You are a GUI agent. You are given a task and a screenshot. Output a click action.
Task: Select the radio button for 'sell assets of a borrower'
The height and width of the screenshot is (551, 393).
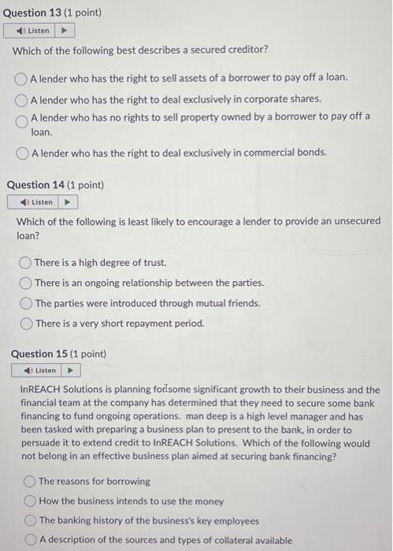(21, 79)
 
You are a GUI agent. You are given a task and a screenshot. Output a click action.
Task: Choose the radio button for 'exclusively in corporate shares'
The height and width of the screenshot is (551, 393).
(21, 99)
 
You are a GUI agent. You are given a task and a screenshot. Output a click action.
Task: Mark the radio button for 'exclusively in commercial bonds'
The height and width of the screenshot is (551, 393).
(21, 152)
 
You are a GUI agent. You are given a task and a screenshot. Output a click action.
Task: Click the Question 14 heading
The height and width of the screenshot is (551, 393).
(54, 185)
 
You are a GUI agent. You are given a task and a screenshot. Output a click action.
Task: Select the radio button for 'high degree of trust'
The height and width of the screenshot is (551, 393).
(26, 263)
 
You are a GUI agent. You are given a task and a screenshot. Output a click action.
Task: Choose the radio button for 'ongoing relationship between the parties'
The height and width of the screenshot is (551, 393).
(26, 283)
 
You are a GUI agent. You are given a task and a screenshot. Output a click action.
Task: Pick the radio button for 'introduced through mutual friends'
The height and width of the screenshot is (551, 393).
(26, 303)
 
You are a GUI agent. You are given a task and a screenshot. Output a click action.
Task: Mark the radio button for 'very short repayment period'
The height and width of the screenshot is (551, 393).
(26, 323)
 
